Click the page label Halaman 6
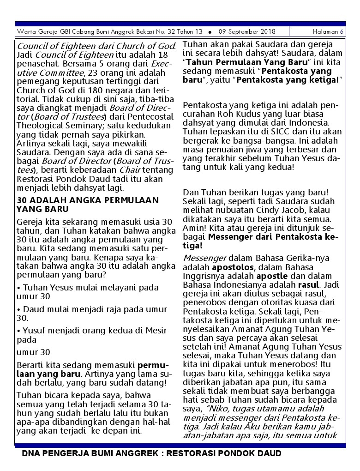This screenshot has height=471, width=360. click(328, 32)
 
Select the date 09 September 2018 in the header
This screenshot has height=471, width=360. click(247, 32)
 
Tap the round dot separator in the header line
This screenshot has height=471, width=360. click(210, 32)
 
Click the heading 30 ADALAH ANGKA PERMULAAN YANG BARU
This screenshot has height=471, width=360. click(88, 205)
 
